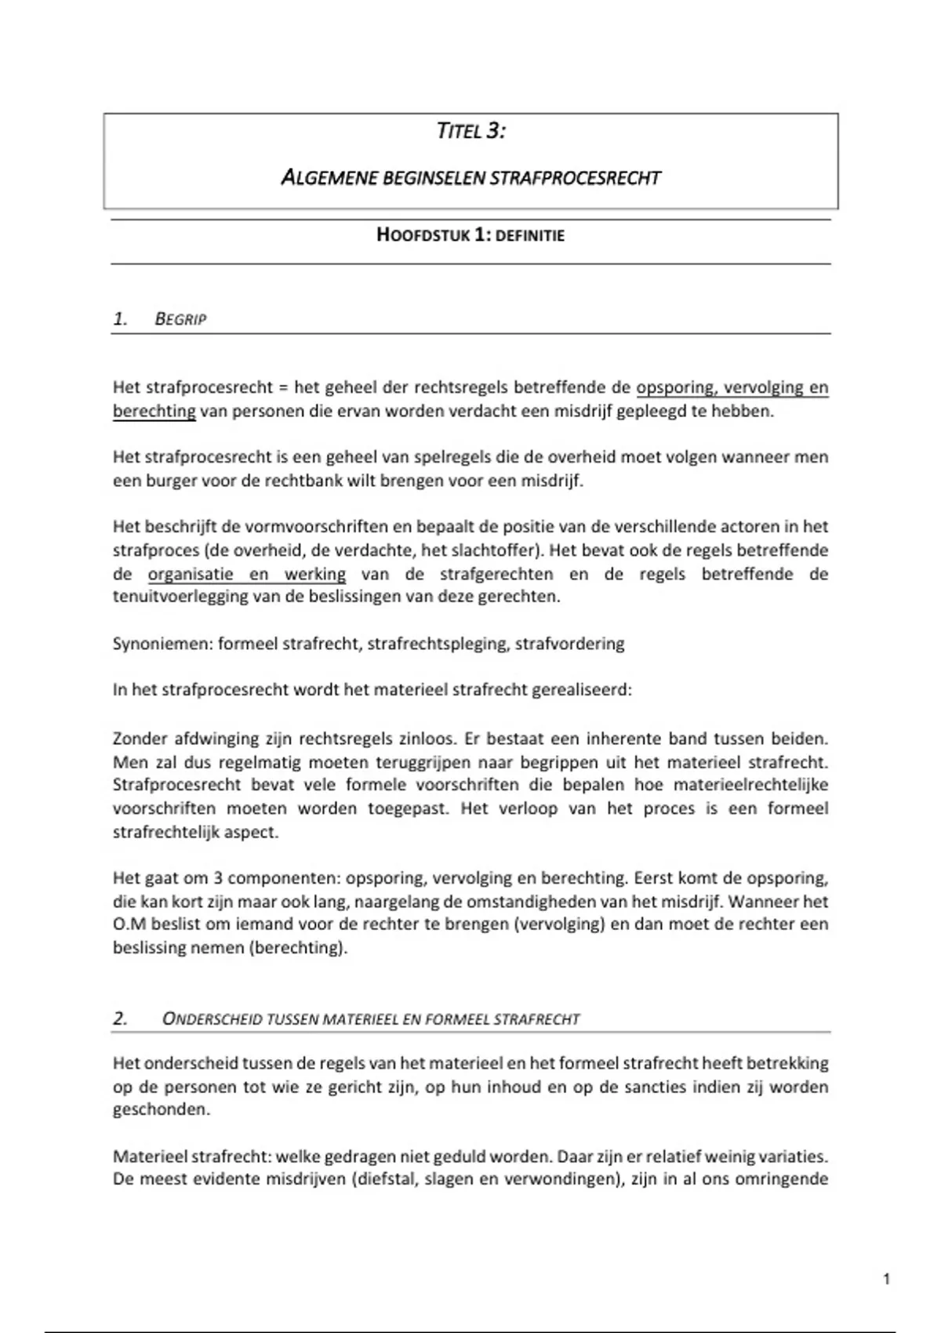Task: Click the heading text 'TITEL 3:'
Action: click(x=470, y=131)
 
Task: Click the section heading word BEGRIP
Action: click(x=180, y=319)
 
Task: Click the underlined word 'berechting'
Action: click(x=154, y=411)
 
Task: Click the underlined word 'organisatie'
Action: click(x=191, y=574)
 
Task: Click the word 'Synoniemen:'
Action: click(x=162, y=644)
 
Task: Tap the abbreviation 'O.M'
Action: click(x=129, y=924)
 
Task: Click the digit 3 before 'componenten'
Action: click(x=219, y=878)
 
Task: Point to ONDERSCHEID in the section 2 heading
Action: click(x=212, y=1019)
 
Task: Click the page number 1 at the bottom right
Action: click(x=886, y=1280)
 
